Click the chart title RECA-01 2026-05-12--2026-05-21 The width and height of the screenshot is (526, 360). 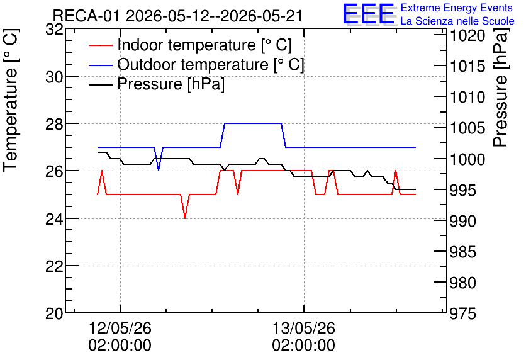pyautogui.click(x=178, y=16)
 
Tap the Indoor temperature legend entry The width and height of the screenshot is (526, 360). pyautogui.click(x=190, y=45)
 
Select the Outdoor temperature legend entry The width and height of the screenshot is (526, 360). pyautogui.click(x=196, y=64)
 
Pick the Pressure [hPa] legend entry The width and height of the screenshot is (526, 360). pyautogui.click(x=157, y=84)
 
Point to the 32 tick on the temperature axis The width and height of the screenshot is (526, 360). pyautogui.click(x=54, y=30)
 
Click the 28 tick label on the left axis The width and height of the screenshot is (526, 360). pyautogui.click(x=54, y=124)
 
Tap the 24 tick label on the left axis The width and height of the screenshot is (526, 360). pyautogui.click(x=54, y=219)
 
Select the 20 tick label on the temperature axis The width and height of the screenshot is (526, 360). pyautogui.click(x=54, y=314)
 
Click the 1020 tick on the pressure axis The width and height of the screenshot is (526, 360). pyautogui.click(x=467, y=36)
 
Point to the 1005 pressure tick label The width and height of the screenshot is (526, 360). pyautogui.click(x=467, y=128)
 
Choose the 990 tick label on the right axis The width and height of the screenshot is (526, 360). pyautogui.click(x=463, y=221)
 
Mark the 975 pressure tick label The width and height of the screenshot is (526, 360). pyautogui.click(x=463, y=314)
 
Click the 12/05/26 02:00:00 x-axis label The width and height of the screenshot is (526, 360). pyautogui.click(x=120, y=337)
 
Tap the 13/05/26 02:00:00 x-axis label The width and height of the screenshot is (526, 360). pyautogui.click(x=304, y=337)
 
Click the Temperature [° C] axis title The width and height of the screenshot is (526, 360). pyautogui.click(x=11, y=101)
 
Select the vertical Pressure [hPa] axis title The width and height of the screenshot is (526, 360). pyautogui.click(x=501, y=87)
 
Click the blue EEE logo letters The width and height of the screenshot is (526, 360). pyautogui.click(x=368, y=13)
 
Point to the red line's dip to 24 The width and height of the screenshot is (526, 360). pyautogui.click(x=185, y=218)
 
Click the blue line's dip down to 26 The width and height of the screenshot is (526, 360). pyautogui.click(x=159, y=170)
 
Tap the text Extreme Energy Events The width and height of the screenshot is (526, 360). pyautogui.click(x=457, y=8)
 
